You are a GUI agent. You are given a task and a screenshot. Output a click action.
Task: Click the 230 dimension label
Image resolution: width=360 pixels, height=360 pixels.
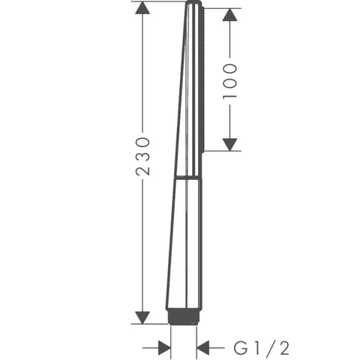(x=142, y=156)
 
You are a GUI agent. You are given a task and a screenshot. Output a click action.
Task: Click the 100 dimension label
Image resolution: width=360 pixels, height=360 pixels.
(x=229, y=81)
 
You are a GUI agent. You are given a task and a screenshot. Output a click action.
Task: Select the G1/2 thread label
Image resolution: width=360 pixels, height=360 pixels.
(x=262, y=348)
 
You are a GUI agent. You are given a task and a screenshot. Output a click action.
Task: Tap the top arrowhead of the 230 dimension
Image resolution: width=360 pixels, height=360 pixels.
(x=142, y=7)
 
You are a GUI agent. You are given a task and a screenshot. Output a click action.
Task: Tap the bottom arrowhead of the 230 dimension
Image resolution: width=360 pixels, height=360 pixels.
(x=142, y=317)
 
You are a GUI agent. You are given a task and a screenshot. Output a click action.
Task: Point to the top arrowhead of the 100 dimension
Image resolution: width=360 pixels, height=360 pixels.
(x=229, y=14)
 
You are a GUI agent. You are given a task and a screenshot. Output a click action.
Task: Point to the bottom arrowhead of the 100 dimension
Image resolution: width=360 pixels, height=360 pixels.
(x=229, y=145)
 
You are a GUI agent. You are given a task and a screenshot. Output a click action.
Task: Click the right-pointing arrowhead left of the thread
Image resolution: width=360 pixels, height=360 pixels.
(x=164, y=347)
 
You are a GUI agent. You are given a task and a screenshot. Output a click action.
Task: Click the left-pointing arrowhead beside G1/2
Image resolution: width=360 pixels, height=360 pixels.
(x=203, y=347)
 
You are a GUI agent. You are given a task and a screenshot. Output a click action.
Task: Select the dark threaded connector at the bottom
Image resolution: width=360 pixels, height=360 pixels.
(x=184, y=316)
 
